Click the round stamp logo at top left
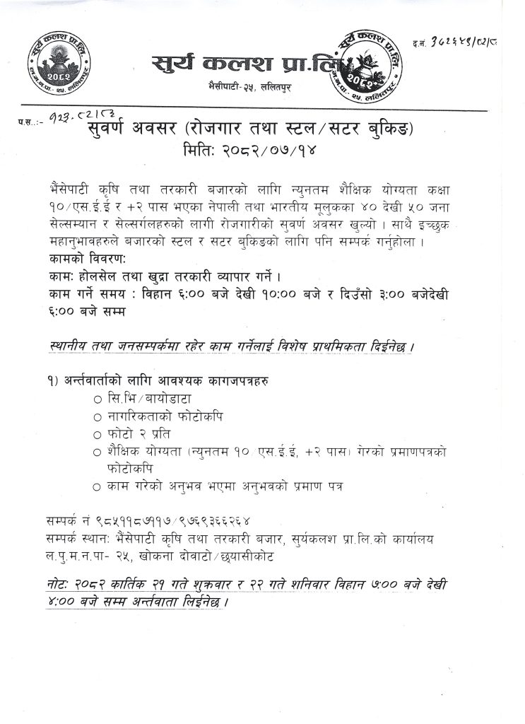click(56, 64)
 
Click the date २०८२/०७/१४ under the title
click(261, 150)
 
